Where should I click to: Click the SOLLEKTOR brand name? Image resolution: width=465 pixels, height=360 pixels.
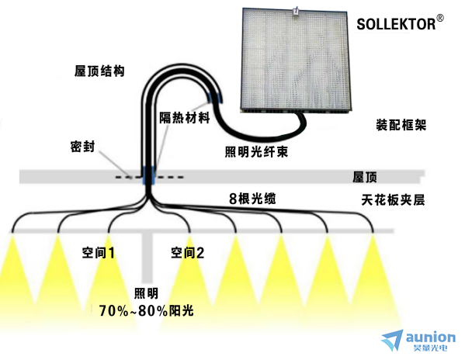396,24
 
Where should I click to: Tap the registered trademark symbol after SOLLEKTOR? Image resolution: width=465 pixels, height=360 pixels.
440,19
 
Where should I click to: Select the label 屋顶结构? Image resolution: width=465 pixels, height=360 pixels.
99,71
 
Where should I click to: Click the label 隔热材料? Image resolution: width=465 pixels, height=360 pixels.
185,118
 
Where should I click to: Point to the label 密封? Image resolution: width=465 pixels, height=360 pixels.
83,147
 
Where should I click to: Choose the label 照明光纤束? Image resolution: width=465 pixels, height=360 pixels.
256,152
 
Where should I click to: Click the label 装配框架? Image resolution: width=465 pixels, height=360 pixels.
401,125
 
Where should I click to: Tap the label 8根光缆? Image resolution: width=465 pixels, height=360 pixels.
252,199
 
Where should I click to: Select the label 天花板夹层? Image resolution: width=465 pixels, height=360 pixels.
393,200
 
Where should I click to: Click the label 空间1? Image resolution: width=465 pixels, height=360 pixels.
98,253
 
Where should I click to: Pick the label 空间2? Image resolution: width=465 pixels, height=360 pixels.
187,253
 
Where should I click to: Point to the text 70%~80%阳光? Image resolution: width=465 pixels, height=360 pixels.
146,311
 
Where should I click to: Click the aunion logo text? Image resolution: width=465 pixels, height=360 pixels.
431,337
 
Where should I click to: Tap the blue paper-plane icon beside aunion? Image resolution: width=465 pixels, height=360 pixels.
392,340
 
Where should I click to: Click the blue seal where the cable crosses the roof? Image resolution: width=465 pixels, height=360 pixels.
148,175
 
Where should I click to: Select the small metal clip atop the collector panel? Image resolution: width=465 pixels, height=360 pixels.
295,11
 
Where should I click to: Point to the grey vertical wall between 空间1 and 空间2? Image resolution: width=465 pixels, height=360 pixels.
147,257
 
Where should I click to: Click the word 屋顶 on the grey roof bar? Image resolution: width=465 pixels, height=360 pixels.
364,177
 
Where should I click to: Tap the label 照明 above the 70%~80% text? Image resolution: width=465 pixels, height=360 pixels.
146,293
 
